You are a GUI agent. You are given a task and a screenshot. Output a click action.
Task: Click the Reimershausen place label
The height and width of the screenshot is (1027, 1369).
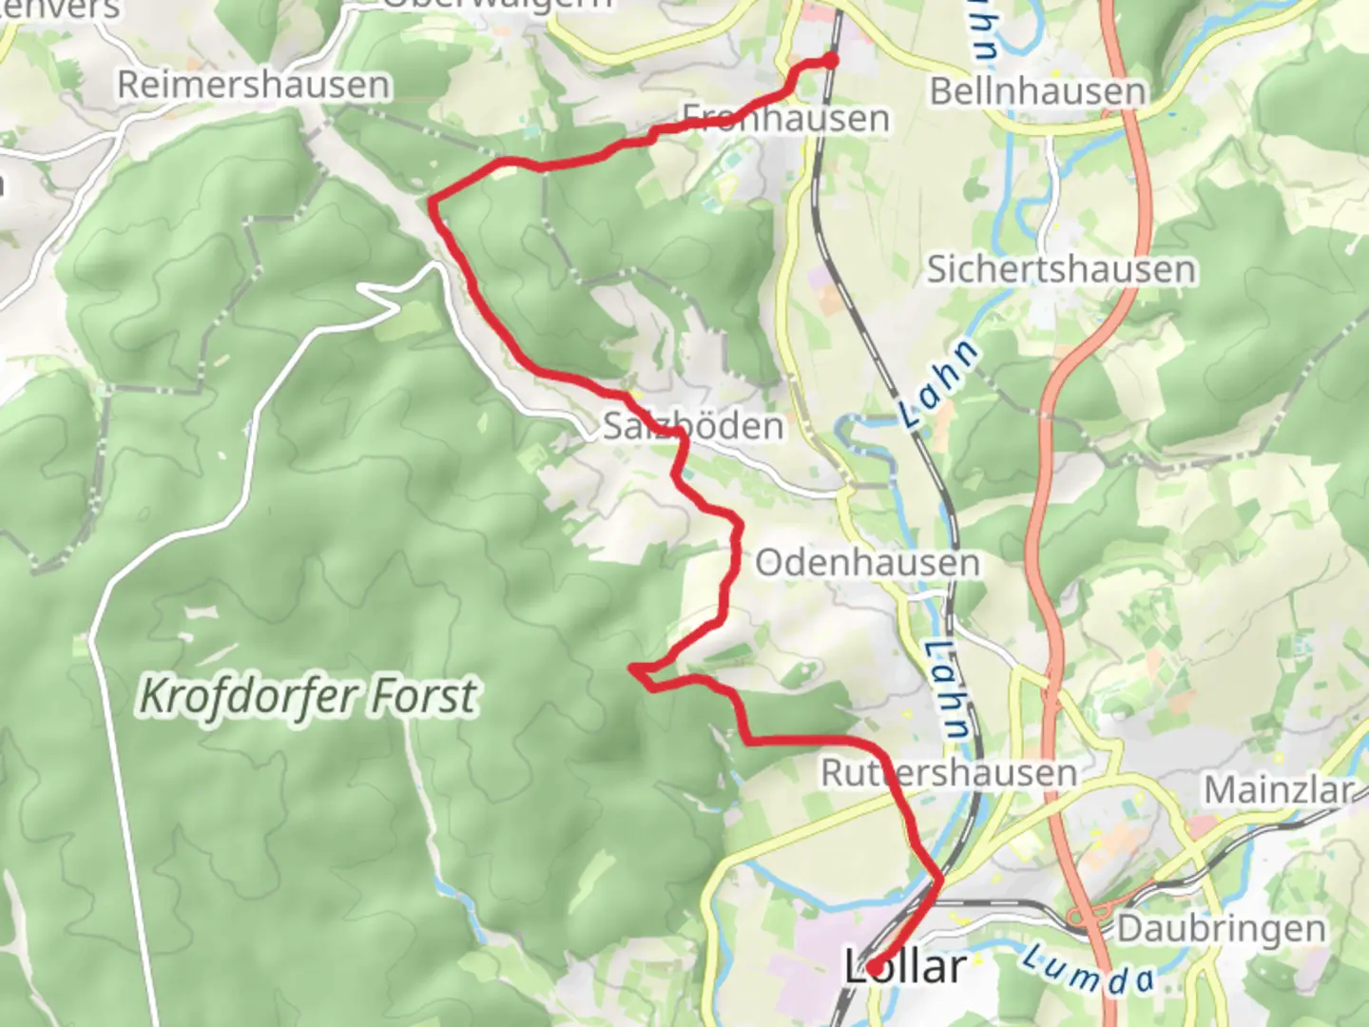pos(253,85)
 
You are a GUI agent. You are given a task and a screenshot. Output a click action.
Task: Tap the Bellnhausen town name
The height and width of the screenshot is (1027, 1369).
pos(1037,91)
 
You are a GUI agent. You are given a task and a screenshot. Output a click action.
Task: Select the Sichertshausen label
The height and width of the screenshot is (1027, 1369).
pos(1061,269)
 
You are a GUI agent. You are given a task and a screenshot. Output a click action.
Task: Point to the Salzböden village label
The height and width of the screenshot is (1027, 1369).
pos(693,426)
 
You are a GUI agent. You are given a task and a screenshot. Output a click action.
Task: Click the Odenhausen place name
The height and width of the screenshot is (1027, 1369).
pos(867,563)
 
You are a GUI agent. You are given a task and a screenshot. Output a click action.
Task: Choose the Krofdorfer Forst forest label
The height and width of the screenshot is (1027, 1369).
pos(307,695)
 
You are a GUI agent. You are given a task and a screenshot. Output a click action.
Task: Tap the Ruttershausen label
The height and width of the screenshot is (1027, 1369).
pos(949,772)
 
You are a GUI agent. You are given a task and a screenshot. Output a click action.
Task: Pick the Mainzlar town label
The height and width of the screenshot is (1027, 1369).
pos(1279,790)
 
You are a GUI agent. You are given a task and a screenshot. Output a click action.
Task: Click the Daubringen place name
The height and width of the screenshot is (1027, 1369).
pos(1221,928)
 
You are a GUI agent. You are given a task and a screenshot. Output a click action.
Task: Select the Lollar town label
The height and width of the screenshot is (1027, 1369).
pos(906,967)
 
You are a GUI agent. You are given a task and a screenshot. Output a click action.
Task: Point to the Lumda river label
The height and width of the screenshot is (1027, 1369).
pos(1088,969)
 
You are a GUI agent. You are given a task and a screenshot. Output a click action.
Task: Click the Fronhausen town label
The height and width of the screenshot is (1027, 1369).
pos(786,119)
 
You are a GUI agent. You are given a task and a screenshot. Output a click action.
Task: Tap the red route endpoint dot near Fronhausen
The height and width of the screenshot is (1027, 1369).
pos(830,61)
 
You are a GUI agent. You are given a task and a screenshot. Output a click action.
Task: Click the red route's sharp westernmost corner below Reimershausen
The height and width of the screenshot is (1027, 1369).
pos(433,201)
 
